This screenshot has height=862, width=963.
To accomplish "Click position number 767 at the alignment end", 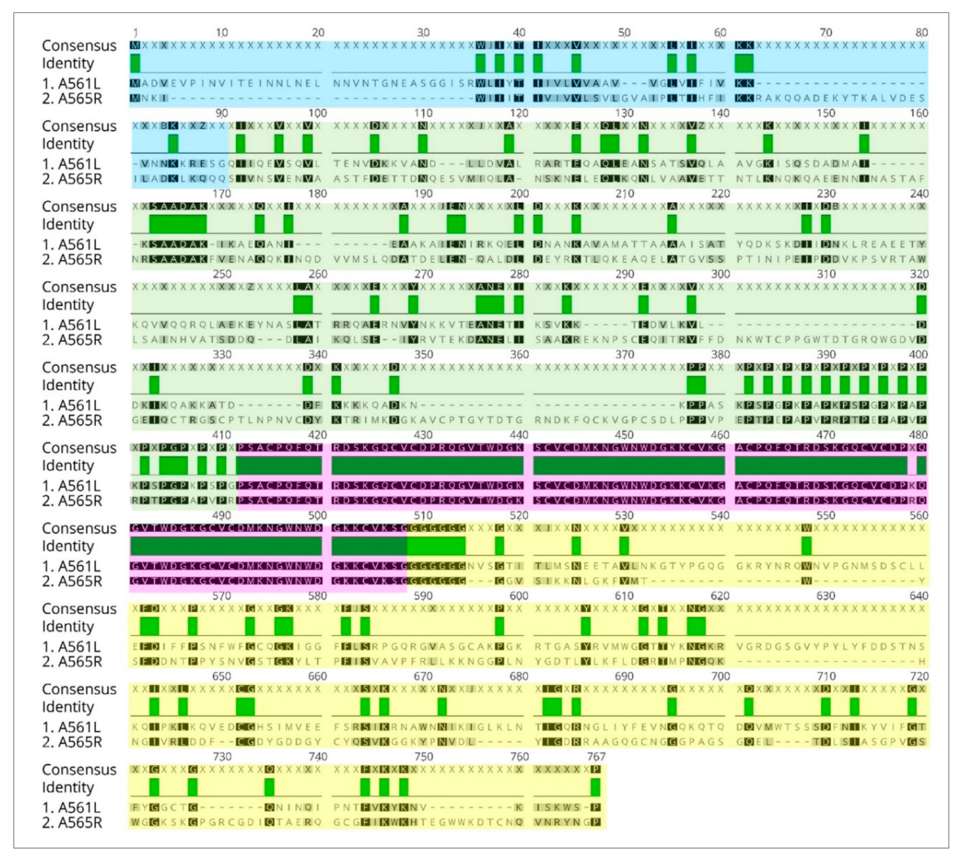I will pos(596,756).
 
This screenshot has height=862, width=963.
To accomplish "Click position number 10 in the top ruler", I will pos(222,33).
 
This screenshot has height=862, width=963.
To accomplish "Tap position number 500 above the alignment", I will pos(317,515).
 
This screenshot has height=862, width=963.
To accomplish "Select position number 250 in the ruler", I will pos(222,274).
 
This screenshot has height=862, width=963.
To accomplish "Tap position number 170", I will pos(222,194).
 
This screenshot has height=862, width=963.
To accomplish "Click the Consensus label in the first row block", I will pos(79,46).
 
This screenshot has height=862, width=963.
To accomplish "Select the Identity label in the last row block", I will pos(68,787).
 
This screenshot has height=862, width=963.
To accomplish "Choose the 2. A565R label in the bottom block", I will pos(72,823).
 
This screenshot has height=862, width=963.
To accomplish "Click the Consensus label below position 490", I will pos(79,529).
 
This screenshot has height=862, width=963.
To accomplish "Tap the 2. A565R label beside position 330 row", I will pos(72,420).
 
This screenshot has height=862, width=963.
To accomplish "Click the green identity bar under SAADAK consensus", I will pos(178,224).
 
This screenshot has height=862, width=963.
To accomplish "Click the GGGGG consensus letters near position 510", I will pos(436,528).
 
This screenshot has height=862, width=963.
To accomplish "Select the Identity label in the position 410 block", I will pos(68,465).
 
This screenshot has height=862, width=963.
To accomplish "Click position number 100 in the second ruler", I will pos(317,113).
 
